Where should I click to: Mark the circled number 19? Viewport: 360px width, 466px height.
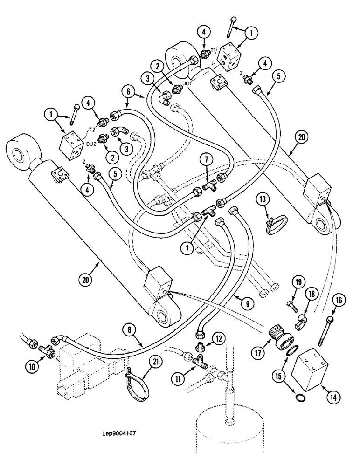click(298, 282)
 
